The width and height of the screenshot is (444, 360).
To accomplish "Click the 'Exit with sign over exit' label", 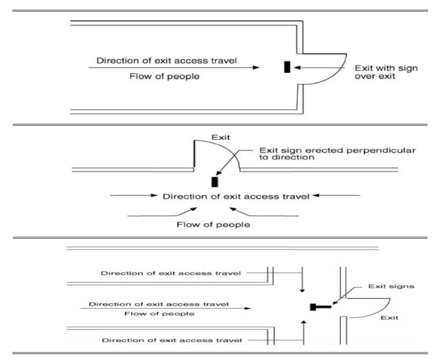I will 386,72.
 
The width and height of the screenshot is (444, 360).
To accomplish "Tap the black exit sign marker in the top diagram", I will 287,67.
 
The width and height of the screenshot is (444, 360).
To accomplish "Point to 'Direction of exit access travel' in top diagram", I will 166,61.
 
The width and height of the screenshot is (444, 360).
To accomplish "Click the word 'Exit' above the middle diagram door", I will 220,138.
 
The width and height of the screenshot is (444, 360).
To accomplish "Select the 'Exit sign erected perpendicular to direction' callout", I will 338,154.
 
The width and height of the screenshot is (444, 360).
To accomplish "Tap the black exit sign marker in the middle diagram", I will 215,182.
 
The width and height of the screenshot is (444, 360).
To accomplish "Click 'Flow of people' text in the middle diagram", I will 213,224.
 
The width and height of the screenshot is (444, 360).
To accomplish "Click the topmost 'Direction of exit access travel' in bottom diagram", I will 171,273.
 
